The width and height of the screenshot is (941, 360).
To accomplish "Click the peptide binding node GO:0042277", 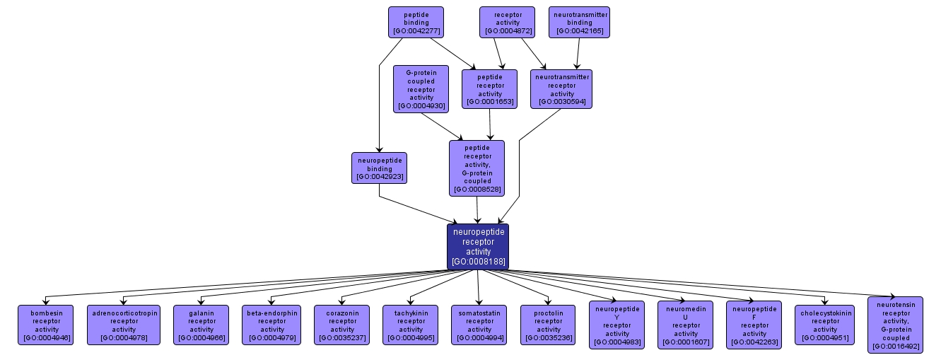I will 416,22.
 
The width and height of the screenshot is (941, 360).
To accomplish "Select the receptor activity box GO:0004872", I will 506,22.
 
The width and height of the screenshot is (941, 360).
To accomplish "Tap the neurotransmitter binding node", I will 579,22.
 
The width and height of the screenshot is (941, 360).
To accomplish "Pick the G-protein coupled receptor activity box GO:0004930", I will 421,89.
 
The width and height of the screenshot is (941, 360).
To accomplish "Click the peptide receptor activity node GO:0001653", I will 489,89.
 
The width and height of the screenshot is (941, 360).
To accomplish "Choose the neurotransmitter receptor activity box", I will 561,89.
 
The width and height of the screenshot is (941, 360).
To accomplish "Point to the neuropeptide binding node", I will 379,168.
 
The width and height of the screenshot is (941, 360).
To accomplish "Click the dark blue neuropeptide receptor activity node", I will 478,246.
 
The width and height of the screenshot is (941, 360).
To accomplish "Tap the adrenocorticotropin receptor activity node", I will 124,325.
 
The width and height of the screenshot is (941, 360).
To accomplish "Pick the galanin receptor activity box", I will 201,325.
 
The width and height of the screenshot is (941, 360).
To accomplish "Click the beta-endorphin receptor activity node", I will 272,325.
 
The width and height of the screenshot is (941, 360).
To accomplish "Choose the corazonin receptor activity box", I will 342,325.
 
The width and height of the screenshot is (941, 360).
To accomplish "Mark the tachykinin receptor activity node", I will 411,325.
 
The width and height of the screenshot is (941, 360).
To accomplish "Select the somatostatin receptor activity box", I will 479,325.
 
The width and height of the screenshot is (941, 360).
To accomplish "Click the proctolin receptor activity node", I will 549,325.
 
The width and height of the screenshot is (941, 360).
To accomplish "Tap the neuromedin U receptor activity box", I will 686,325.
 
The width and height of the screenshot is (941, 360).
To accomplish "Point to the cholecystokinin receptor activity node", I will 825,325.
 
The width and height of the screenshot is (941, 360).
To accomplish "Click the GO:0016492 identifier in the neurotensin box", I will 895,347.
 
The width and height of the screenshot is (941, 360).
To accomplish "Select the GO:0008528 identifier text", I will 477,189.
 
